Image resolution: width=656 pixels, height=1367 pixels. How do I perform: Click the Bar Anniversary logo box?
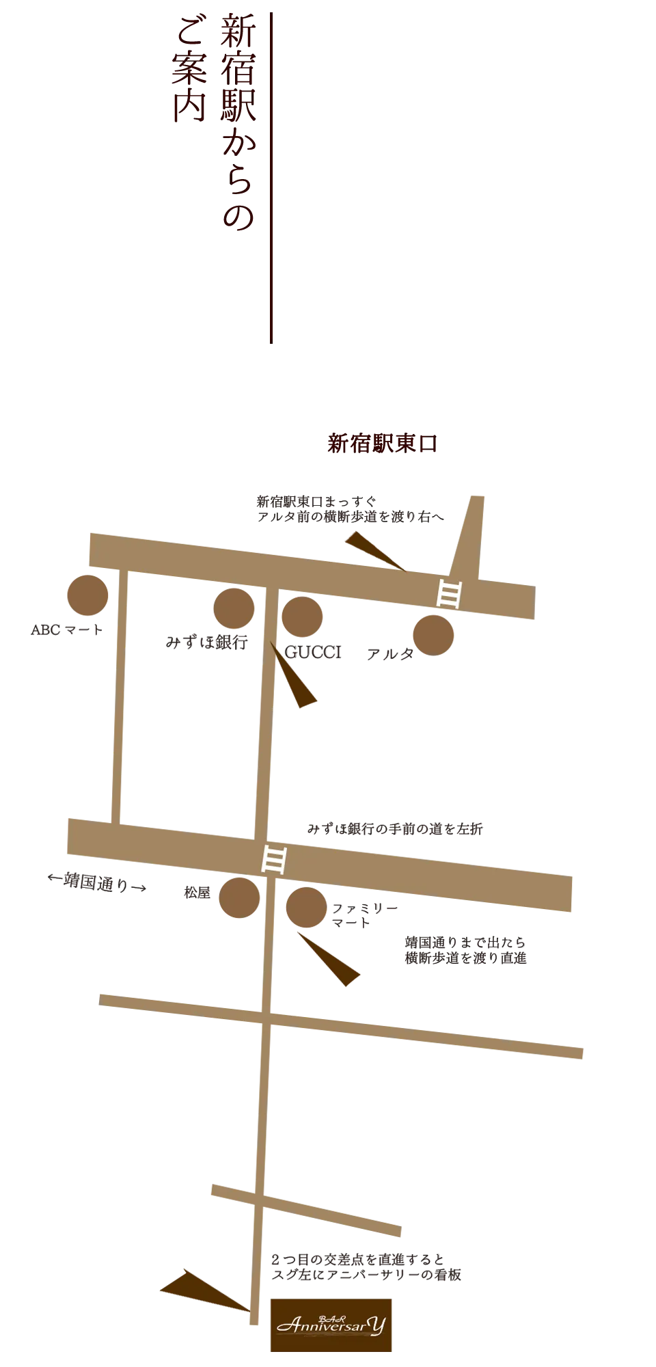(x=331, y=1325)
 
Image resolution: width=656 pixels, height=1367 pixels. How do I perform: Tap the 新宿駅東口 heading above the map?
(x=382, y=444)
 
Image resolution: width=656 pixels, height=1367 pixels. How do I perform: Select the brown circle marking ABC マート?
(x=87, y=595)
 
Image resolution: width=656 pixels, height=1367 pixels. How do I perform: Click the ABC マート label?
(x=67, y=630)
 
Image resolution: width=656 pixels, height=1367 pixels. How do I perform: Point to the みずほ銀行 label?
(x=206, y=642)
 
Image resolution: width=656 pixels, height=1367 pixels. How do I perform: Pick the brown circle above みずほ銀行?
(x=234, y=608)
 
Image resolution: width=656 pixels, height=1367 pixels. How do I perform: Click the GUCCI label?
(x=313, y=653)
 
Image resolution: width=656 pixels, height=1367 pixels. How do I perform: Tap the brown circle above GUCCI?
(x=302, y=617)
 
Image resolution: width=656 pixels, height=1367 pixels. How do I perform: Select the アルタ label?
(x=390, y=654)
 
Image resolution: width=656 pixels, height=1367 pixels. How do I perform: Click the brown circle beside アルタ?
(x=433, y=635)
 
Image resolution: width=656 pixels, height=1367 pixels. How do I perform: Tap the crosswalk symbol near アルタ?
(x=449, y=593)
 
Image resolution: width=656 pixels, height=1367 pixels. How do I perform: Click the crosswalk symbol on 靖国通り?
(x=274, y=859)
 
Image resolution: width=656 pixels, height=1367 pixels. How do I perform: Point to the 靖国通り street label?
(x=97, y=882)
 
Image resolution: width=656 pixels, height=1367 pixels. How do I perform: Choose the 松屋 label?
(x=197, y=893)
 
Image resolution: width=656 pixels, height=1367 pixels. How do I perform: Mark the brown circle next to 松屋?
(x=239, y=897)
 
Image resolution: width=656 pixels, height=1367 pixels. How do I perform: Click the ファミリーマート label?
(x=365, y=916)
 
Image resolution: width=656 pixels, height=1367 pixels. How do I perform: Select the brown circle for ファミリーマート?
(x=306, y=908)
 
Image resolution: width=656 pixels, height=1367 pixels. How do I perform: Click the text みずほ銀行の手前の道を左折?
(x=395, y=829)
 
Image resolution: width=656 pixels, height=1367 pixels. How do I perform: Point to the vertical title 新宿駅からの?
(x=238, y=122)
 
